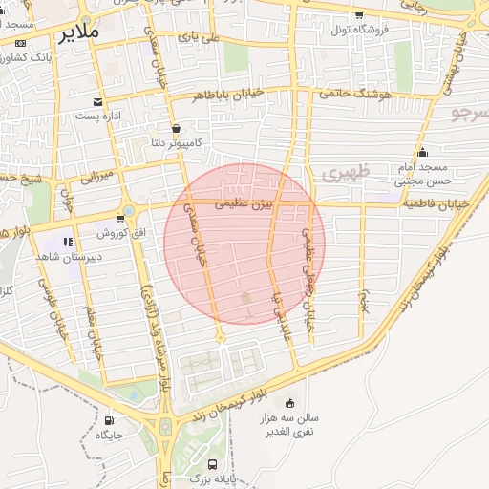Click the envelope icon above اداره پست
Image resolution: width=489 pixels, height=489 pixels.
pyautogui.click(x=97, y=102)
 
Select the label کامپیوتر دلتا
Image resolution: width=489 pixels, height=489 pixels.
pyautogui.click(x=174, y=142)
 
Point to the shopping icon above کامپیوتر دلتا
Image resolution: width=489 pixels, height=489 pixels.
pyautogui.click(x=175, y=128)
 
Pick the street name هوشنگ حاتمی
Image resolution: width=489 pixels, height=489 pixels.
pyautogui.click(x=360, y=94)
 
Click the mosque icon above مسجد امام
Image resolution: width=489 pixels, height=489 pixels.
pyautogui.click(x=423, y=153)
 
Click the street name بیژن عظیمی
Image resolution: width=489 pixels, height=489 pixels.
pyautogui.click(x=244, y=203)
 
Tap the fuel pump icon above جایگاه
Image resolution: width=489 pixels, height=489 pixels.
pyautogui.click(x=108, y=420)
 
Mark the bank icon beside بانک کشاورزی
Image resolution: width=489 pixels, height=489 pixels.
pyautogui.click(x=22, y=44)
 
